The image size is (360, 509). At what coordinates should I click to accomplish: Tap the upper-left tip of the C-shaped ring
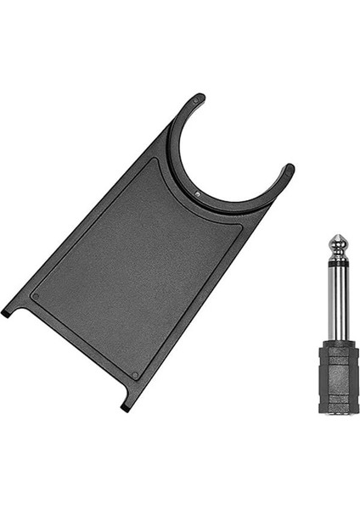[x=196, y=99]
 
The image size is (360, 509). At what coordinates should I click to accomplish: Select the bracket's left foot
[x=8, y=311]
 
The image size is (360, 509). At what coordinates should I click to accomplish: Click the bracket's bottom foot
[x=127, y=406]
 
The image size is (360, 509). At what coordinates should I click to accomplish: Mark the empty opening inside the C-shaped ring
[x=229, y=153]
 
